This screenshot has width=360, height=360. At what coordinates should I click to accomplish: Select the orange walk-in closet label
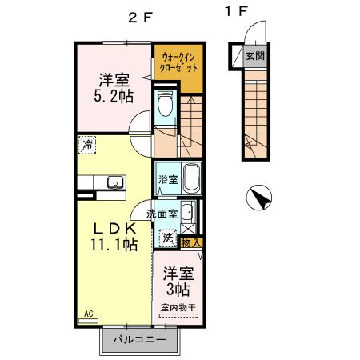177,63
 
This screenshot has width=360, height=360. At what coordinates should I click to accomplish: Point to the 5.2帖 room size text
115,95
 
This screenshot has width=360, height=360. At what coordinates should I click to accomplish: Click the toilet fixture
166,104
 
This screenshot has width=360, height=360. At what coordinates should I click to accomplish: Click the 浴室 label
167,179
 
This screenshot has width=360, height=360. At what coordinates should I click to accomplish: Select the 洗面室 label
162,213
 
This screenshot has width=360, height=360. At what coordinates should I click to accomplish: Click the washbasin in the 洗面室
186,213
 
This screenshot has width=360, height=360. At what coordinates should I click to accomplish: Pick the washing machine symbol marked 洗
167,237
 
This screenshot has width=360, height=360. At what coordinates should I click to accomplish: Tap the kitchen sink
114,182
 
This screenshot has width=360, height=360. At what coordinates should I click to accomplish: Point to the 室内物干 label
178,307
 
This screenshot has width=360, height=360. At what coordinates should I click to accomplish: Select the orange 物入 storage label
190,241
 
